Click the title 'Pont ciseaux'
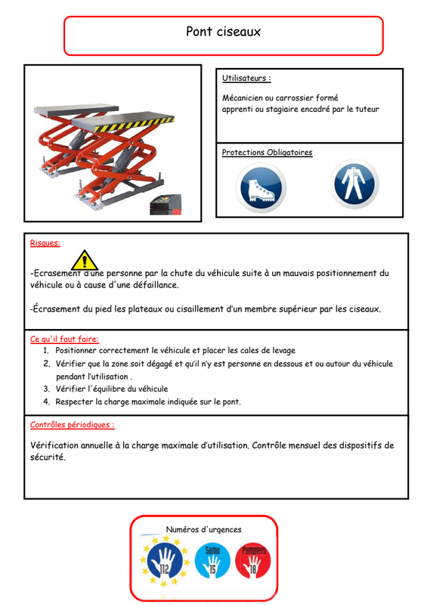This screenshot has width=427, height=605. tap(223, 32)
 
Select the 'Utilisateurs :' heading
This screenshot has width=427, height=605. tap(246, 78)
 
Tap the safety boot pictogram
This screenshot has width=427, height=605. tap(261, 188)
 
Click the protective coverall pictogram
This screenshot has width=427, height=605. tap(354, 184)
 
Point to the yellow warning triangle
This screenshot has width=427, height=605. tap(85, 260)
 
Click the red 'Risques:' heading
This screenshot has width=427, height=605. tap(45, 243)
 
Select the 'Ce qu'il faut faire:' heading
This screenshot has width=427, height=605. tap(64, 339)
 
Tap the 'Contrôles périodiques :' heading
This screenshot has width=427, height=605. tap(72, 425)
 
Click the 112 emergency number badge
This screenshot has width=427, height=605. tap(165, 560)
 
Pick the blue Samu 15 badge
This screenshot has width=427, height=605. tap(212, 560)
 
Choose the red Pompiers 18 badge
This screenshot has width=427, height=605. tap(253, 560)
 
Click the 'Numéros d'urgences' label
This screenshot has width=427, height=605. tap(203, 529)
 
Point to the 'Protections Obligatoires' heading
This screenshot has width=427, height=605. tap(267, 153)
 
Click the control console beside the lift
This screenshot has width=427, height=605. tap(166, 204)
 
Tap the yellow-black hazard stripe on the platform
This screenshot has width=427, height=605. tap(134, 124)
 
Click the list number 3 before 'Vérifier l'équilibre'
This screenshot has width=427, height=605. tap(46, 389)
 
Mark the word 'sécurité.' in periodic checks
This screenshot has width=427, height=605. tap(48, 458)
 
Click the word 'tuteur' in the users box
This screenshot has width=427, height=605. tap(367, 109)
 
